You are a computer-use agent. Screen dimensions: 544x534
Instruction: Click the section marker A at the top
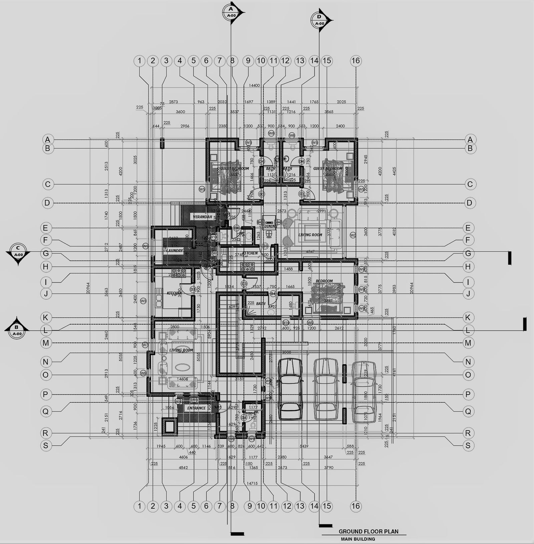coord(231,12)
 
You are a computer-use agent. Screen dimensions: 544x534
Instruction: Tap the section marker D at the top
coord(319,20)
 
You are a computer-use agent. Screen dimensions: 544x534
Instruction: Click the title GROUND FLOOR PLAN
coord(368,532)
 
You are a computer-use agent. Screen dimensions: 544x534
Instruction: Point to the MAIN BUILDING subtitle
coord(358,539)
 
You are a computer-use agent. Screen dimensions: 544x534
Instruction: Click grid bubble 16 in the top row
coord(356,61)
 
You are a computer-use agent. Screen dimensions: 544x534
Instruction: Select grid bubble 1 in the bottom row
coord(140,506)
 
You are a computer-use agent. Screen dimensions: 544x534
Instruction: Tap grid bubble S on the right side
coord(468,445)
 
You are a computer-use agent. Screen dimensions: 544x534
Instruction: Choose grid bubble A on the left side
coord(48,139)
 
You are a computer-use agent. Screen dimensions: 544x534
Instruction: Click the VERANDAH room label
coord(202,217)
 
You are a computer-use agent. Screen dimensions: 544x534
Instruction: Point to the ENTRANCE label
coord(196,408)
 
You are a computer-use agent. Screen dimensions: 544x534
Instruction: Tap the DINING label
coord(270,226)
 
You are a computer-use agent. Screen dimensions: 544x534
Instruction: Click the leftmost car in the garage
coord(290,389)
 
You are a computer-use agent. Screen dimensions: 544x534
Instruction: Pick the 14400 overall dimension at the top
coord(254,86)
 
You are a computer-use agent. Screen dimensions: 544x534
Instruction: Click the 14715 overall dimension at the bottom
coord(252,483)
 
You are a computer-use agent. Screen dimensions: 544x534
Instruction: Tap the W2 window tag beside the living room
coord(353,235)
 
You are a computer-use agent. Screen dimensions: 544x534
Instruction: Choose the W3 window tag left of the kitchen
coord(143,301)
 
